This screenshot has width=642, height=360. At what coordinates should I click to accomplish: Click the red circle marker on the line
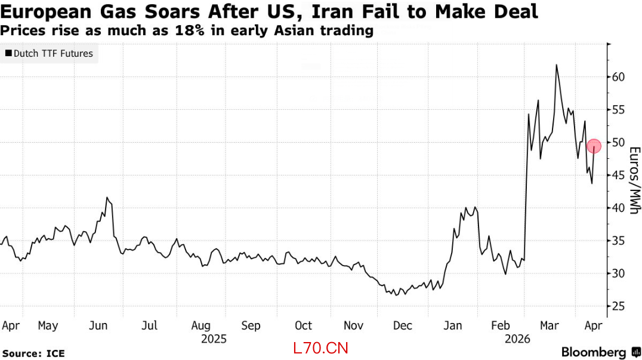point(594,146)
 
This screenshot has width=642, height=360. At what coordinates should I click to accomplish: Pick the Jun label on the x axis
point(98,325)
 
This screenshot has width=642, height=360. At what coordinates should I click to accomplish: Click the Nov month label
point(354,325)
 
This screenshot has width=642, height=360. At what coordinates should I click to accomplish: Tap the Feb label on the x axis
point(500,325)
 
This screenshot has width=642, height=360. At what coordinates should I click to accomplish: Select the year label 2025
point(214,339)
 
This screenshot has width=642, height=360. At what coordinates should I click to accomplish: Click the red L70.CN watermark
point(320,347)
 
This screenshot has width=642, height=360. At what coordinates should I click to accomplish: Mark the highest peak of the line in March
point(556,64)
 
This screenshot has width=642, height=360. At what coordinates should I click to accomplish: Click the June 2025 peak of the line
point(107,197)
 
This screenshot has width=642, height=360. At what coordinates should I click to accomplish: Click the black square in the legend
point(8,54)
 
